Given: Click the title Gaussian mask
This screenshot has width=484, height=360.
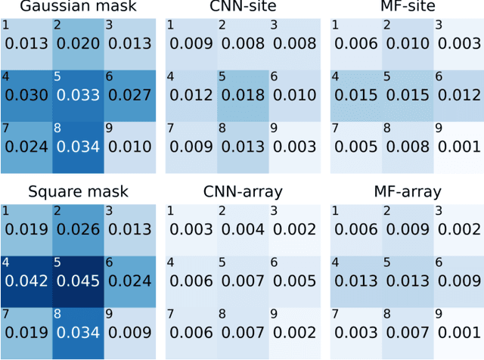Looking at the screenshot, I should pos(77,8).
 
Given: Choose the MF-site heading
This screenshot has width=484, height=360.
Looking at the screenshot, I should pos(406,8).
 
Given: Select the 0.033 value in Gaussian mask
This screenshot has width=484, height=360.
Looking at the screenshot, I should pos(77,95).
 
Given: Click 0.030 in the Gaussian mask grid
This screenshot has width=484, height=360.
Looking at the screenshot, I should pos(27,95).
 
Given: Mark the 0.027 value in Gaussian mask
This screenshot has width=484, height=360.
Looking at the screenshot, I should pos(128,95).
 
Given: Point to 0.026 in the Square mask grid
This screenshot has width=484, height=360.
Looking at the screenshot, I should pos(77,228).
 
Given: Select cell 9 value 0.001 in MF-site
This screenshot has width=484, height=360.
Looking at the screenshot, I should pos(456,146).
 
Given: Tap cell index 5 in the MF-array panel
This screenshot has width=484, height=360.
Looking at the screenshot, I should pos(386,263).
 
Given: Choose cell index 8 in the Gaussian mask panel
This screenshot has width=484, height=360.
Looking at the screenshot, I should pos(57,128).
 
